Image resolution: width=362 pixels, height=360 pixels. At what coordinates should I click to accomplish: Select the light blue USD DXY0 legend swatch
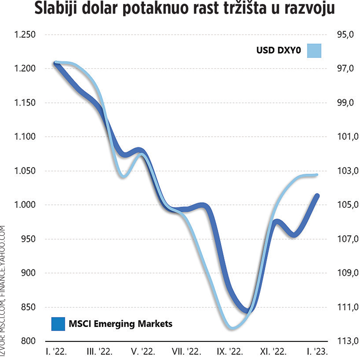pos(314,50)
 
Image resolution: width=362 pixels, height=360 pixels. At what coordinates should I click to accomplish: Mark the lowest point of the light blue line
pos(232,327)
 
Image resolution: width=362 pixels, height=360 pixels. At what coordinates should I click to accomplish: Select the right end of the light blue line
pos(317,175)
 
